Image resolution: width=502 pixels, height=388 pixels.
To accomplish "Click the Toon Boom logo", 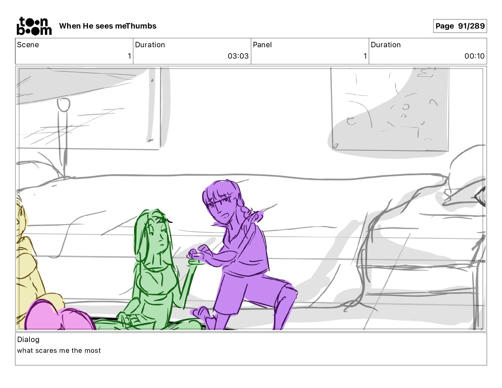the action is [x=34, y=26].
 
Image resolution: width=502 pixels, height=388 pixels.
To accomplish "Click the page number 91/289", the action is [x=471, y=26].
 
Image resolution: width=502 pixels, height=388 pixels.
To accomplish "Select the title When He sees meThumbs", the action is [x=108, y=26].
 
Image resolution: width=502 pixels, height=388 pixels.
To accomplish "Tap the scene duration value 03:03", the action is [x=238, y=56].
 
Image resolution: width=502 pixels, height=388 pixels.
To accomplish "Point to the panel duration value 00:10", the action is [x=474, y=56].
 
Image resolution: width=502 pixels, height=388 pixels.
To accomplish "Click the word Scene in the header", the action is [x=28, y=45].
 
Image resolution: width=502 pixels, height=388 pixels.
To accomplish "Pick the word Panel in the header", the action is [x=262, y=45].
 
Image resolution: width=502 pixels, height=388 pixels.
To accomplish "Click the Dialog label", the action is [x=28, y=339].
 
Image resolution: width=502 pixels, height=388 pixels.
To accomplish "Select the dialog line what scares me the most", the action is [x=59, y=351].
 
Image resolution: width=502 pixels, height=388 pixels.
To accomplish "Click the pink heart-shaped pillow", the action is [x=59, y=315].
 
